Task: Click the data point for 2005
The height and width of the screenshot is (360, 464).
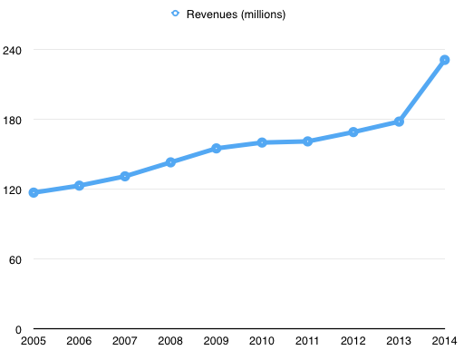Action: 34,192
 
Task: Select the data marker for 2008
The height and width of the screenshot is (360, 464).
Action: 170,162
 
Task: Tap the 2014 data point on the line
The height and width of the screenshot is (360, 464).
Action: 445,60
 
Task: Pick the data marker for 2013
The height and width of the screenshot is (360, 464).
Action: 399,122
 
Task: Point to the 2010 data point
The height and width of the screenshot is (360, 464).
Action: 262,142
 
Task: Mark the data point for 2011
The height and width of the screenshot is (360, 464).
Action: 308,141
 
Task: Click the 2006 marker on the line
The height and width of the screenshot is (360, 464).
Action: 79,185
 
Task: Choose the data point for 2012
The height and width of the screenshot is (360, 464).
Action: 353,132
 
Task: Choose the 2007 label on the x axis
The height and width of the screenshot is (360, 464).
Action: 124,341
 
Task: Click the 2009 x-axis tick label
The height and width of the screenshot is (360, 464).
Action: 216,341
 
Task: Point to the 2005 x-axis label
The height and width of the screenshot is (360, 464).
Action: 33,341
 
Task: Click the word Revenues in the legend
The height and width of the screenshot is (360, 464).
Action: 210,14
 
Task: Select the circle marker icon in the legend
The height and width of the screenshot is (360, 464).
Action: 176,14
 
